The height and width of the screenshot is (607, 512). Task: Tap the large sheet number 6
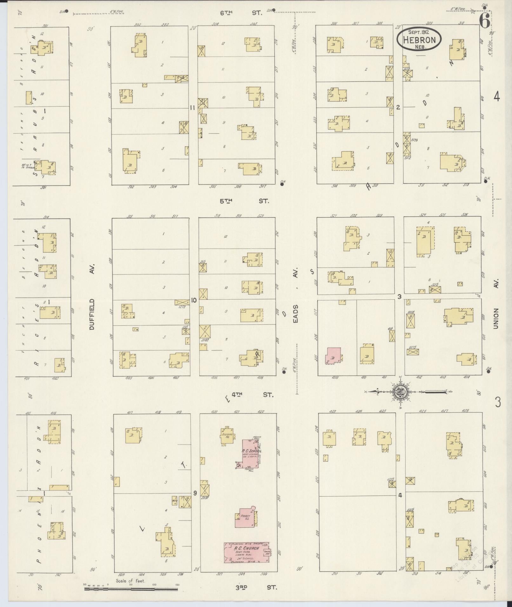click(x=484, y=22)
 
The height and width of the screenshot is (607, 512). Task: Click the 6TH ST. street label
click(x=241, y=13)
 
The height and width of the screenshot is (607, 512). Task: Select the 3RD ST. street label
click(x=255, y=587)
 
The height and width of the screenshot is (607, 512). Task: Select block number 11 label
click(x=192, y=108)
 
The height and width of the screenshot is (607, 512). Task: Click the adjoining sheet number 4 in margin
click(x=496, y=97)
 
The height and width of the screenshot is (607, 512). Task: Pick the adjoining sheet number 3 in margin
click(x=498, y=403)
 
